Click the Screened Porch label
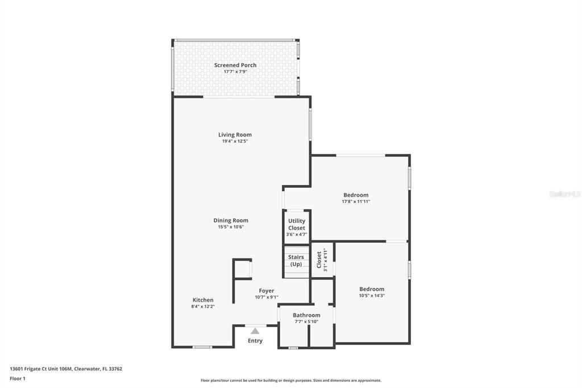click(x=235, y=65)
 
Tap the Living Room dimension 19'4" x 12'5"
click(x=235, y=141)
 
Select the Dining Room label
click(x=231, y=220)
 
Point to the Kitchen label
click(x=203, y=300)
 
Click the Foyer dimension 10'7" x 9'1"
click(x=266, y=297)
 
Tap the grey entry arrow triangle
click(x=255, y=331)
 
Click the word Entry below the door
click(x=255, y=341)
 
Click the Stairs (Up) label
click(x=296, y=261)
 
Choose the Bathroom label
click(x=306, y=315)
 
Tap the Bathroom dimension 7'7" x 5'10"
click(x=306, y=322)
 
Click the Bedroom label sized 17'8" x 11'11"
click(x=356, y=195)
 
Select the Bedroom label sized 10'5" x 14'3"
click(x=372, y=289)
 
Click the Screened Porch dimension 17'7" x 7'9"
click(x=235, y=72)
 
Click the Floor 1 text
click(x=18, y=378)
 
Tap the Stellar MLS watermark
click(x=564, y=194)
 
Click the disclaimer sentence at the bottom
click(x=290, y=381)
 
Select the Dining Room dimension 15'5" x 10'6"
click(x=231, y=227)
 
